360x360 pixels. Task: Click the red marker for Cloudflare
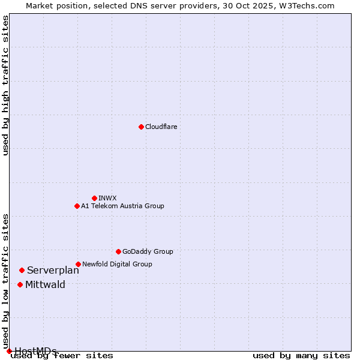(x=141, y=127)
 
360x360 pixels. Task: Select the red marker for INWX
(x=94, y=198)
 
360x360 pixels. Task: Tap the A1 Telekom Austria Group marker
(x=77, y=206)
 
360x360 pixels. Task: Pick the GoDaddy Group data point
(x=118, y=251)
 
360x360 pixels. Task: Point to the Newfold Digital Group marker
(x=78, y=264)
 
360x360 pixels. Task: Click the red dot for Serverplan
(x=22, y=271)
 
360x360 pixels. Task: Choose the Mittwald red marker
(x=20, y=284)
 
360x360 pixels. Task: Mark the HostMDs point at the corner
(x=9, y=351)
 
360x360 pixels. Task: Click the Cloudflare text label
(x=161, y=127)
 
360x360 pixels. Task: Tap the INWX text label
(x=107, y=198)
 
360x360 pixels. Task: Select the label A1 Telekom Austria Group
(x=122, y=206)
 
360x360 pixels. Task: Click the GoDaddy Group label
(x=148, y=251)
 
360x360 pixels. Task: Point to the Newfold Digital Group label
(x=117, y=264)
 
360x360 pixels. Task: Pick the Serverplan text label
(x=53, y=271)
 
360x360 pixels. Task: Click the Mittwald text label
(x=45, y=285)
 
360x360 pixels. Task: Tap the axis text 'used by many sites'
(x=301, y=355)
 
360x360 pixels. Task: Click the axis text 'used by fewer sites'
(x=62, y=355)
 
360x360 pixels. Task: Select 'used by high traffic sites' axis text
(x=6, y=85)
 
